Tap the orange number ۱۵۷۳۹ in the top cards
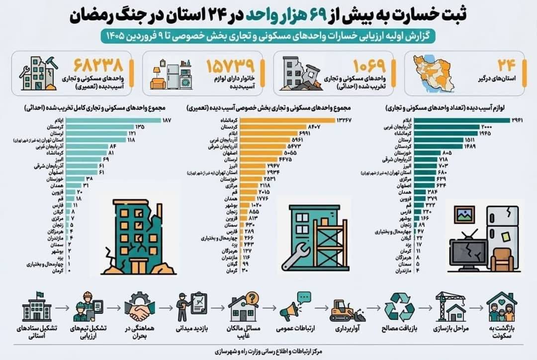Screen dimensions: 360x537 point(230,66)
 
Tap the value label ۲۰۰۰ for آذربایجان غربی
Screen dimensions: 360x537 point(487,127)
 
